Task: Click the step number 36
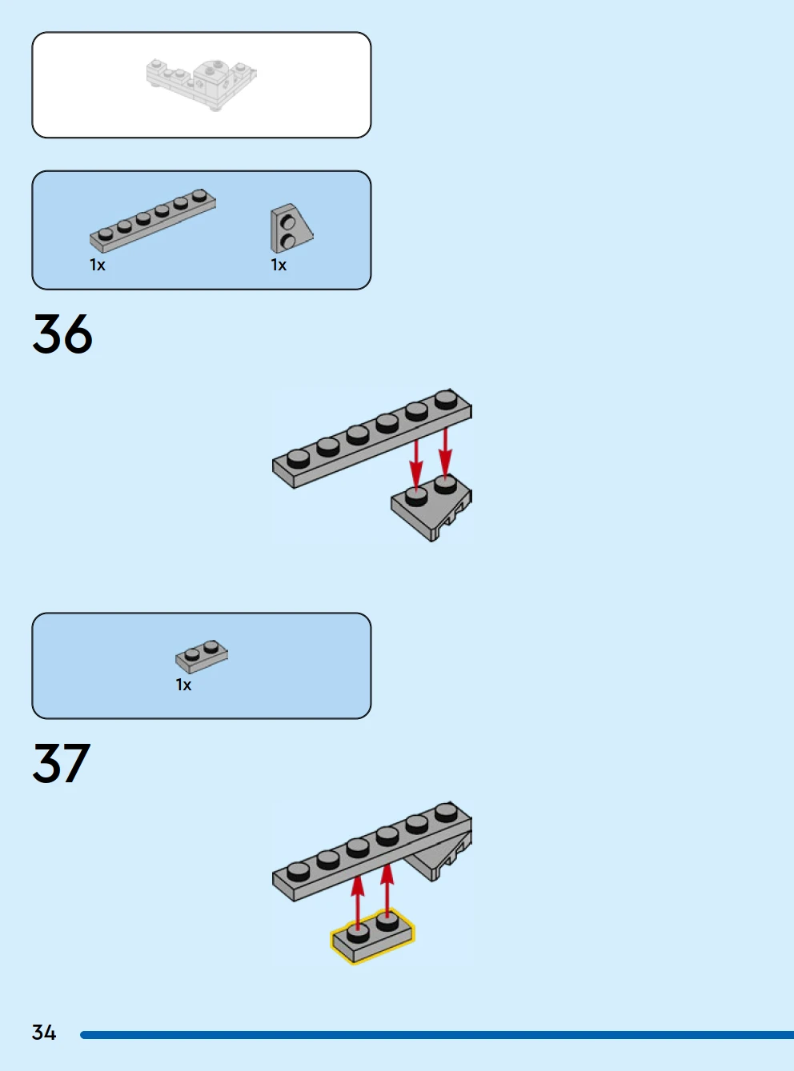(62, 334)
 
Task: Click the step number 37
(62, 763)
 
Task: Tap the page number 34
(44, 1033)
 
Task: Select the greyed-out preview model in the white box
(202, 82)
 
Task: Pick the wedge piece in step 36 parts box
(291, 229)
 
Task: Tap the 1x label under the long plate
(98, 265)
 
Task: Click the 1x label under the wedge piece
(279, 265)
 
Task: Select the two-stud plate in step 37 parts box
(202, 656)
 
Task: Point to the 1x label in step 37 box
(183, 685)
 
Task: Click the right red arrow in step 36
(445, 453)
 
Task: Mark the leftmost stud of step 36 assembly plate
(298, 458)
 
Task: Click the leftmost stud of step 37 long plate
(298, 870)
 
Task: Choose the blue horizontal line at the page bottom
(436, 1035)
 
